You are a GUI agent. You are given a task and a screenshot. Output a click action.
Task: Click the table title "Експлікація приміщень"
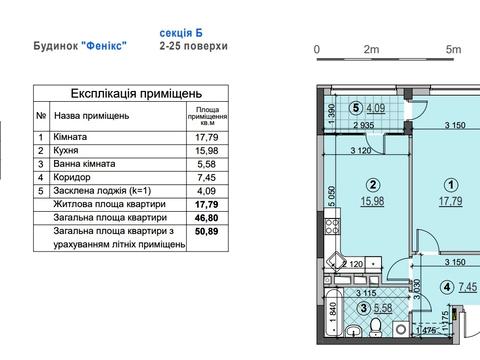(136, 94)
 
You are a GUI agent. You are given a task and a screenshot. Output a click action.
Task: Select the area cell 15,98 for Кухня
(207, 151)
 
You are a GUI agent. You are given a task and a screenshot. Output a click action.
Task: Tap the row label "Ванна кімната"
(84, 164)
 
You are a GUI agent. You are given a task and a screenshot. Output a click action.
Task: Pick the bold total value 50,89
(207, 231)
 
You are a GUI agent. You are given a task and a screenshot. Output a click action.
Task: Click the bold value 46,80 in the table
(207, 218)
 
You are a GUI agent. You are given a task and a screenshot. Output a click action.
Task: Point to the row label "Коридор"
(72, 177)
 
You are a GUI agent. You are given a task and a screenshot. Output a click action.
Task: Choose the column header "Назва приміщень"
(91, 116)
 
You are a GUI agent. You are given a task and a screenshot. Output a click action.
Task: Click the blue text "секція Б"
(181, 33)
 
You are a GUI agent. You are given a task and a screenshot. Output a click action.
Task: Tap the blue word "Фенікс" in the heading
(104, 46)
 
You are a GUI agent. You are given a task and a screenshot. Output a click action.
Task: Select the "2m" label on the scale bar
(371, 50)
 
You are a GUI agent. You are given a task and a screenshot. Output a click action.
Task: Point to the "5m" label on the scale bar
(453, 50)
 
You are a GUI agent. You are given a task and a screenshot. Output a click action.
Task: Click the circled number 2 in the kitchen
(373, 185)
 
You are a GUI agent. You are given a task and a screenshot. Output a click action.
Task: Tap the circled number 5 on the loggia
(356, 108)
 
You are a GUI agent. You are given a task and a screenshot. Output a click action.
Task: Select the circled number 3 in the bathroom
(364, 308)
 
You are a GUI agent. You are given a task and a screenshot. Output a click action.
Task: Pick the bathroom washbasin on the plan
(352, 330)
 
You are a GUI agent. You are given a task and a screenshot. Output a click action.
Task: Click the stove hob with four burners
(332, 226)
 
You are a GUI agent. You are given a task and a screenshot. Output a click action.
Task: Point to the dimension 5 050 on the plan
(332, 197)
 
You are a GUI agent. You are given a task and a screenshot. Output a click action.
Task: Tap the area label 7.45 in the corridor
(467, 287)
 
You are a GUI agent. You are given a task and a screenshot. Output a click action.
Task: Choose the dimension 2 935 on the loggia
(364, 126)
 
